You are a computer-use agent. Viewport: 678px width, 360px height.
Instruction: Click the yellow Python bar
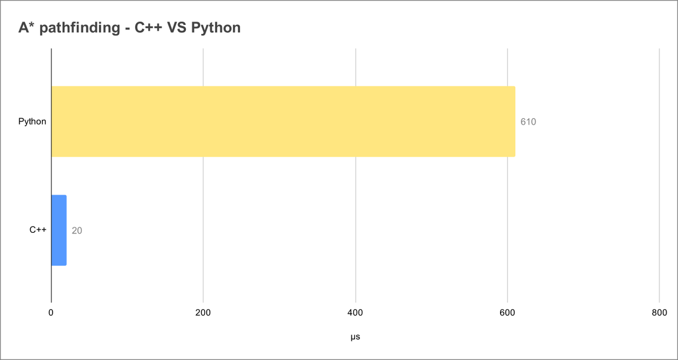(x=282, y=121)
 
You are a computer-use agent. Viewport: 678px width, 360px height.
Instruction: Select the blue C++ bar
(x=59, y=230)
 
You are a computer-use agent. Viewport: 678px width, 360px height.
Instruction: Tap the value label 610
(x=528, y=122)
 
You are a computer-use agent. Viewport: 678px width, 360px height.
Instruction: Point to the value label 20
(x=77, y=231)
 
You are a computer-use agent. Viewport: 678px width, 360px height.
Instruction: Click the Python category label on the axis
(x=32, y=122)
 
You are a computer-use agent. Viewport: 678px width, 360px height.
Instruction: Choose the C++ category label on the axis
(x=38, y=230)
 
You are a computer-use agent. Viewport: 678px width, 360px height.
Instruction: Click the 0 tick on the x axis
(x=51, y=313)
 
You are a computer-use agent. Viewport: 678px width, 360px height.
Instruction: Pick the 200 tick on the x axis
(x=203, y=313)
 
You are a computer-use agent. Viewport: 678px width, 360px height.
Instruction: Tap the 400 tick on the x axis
(x=355, y=313)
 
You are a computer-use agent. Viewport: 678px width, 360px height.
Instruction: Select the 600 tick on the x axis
(x=507, y=313)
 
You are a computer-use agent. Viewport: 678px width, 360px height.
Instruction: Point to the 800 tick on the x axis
(x=659, y=313)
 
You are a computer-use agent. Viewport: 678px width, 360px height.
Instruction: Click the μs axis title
(x=355, y=337)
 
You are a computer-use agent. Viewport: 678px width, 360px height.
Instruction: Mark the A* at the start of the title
(x=26, y=27)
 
